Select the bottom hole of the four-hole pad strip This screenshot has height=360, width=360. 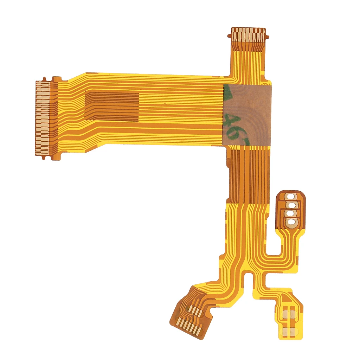pyautogui.click(x=291, y=221)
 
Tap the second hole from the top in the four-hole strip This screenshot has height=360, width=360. pyautogui.click(x=291, y=205)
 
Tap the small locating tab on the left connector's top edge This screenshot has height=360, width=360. pyautogui.click(x=44, y=79)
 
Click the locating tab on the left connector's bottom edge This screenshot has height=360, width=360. pyautogui.click(x=44, y=157)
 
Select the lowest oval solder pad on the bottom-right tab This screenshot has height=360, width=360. pyautogui.click(x=290, y=331)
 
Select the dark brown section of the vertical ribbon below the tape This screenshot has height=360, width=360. pyautogui.click(x=248, y=176)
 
